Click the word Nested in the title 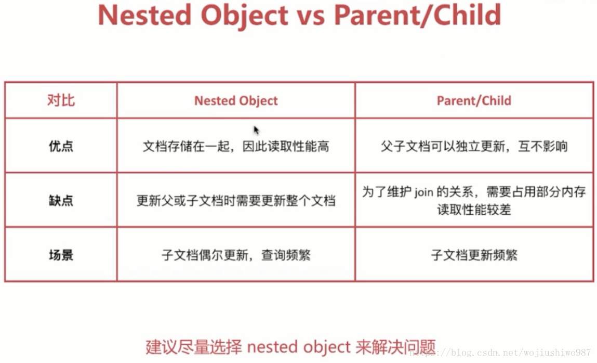(x=144, y=15)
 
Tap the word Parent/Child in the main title (x=417, y=15)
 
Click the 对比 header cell (x=61, y=100)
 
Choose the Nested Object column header (x=236, y=100)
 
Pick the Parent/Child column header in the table (x=474, y=100)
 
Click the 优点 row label (x=61, y=146)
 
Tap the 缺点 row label (x=61, y=200)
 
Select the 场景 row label (x=61, y=255)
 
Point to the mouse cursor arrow (x=256, y=130)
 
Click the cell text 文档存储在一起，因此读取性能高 (x=236, y=146)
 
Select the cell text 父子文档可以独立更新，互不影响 (x=474, y=146)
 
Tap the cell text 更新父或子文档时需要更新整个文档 (x=236, y=201)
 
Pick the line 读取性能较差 (x=474, y=210)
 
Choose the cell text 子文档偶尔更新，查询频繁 (x=236, y=255)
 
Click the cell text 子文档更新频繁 (x=474, y=255)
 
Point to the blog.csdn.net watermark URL (x=500, y=353)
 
